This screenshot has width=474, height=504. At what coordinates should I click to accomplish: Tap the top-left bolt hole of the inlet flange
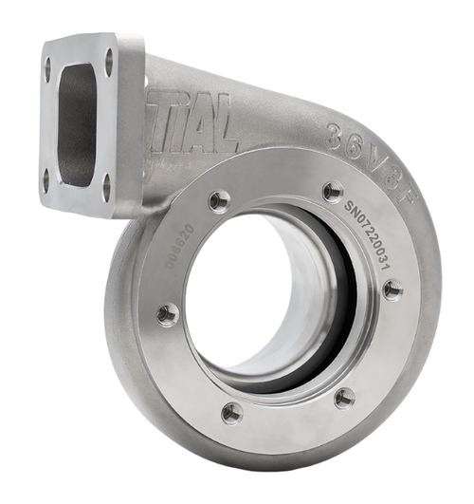tap(48, 68)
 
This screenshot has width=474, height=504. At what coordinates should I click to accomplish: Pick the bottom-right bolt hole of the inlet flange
tap(105, 188)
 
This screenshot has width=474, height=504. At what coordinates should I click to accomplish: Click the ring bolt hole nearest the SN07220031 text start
tap(333, 192)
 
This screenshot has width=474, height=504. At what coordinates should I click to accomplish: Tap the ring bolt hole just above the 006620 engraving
tap(219, 200)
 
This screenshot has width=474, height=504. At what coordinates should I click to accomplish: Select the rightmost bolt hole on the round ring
tap(392, 289)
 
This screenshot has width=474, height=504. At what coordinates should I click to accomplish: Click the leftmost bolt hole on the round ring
tap(168, 314)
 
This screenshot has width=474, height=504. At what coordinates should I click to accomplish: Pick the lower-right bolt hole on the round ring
tap(345, 397)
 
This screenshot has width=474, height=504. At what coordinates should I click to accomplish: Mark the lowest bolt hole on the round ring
tap(232, 413)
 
